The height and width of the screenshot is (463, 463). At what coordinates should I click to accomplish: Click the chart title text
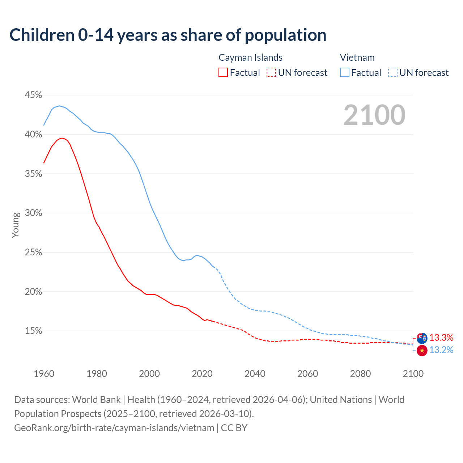pyautogui.click(x=168, y=35)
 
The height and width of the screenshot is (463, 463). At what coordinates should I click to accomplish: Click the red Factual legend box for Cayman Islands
pyautogui.click(x=223, y=73)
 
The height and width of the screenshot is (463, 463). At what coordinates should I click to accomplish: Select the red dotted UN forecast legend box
pyautogui.click(x=271, y=73)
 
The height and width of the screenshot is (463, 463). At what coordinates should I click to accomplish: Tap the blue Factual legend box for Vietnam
pyautogui.click(x=345, y=73)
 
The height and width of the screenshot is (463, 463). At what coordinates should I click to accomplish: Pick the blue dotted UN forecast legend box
pyautogui.click(x=393, y=73)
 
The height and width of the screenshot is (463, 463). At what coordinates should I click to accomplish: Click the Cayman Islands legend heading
pyautogui.click(x=250, y=58)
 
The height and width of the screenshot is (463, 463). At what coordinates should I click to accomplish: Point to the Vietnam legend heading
pyautogui.click(x=357, y=58)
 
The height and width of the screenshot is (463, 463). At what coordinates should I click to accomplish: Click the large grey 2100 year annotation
pyautogui.click(x=374, y=115)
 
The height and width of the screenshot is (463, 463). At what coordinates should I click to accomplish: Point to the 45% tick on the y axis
pyautogui.click(x=33, y=95)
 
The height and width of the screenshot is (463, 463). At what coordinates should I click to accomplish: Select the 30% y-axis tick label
pyautogui.click(x=33, y=213)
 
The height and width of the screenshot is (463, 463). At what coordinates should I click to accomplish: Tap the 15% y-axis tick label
pyautogui.click(x=33, y=331)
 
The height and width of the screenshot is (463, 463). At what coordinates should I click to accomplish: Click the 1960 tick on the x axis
pyautogui.click(x=44, y=374)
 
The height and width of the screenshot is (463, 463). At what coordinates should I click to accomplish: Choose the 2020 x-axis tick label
pyautogui.click(x=202, y=374)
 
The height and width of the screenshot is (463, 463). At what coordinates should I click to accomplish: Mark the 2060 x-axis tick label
pyautogui.click(x=307, y=374)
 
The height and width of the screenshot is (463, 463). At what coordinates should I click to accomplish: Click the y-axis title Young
pyautogui.click(x=16, y=225)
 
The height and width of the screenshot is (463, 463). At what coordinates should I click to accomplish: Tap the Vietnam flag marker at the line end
pyautogui.click(x=422, y=351)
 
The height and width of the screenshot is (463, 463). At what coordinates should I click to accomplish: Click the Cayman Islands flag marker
pyautogui.click(x=422, y=338)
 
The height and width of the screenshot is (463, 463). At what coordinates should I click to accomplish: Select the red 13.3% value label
pyautogui.click(x=441, y=338)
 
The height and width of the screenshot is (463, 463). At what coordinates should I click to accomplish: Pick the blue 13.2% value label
pyautogui.click(x=441, y=350)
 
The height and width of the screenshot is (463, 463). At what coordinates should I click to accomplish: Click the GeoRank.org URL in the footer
pyautogui.click(x=114, y=428)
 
